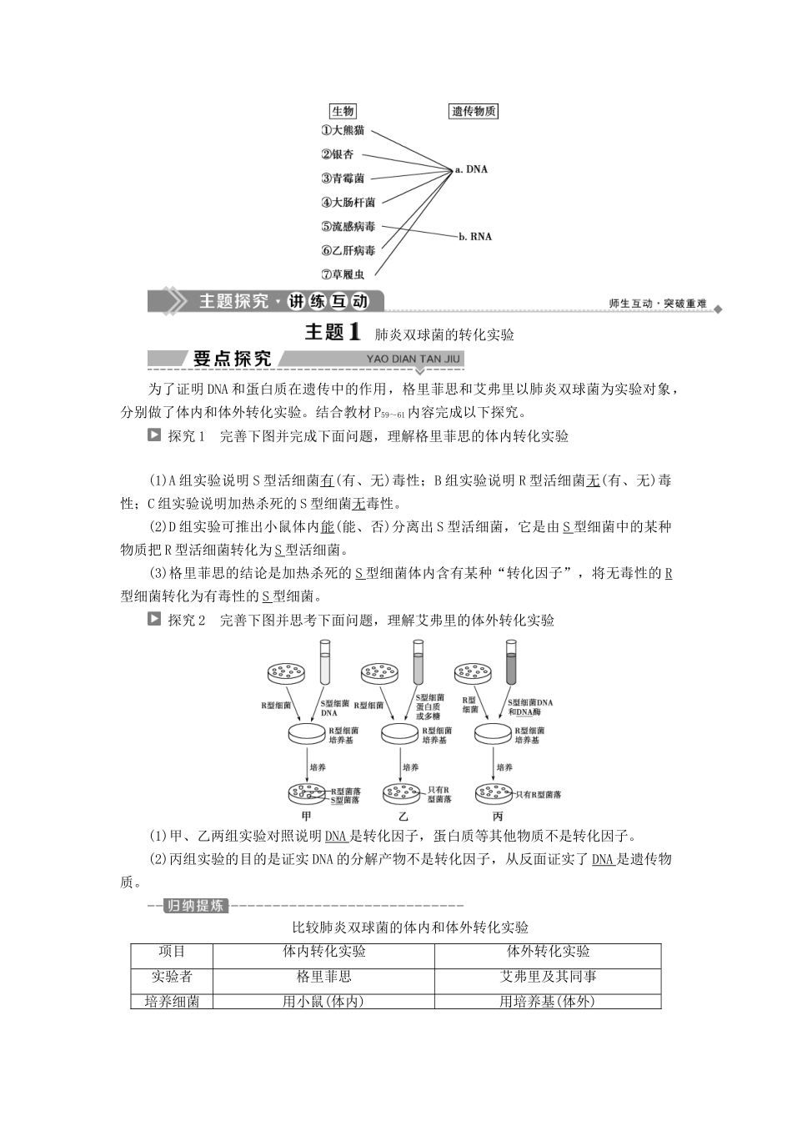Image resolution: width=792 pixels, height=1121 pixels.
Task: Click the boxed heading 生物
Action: (343, 111)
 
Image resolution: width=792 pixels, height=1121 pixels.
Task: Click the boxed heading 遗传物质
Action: (474, 111)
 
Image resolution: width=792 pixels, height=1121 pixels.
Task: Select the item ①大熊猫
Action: (343, 131)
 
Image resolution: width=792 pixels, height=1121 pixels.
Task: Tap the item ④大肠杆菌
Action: (348, 202)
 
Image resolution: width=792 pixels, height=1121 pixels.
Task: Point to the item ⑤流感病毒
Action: (348, 226)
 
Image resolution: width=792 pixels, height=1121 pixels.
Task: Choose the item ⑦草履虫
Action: (343, 274)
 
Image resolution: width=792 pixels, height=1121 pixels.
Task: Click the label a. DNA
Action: (471, 169)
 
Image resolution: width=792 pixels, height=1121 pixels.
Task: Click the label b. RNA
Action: (475, 236)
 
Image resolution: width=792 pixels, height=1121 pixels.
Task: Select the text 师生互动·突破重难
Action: (658, 304)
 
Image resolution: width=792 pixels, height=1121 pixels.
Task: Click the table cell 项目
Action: (172, 952)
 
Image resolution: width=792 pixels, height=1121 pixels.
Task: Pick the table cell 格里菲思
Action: (323, 977)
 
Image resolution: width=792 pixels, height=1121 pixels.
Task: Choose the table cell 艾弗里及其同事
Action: (548, 977)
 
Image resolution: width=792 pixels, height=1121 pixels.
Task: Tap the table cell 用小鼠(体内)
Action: (323, 1002)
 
